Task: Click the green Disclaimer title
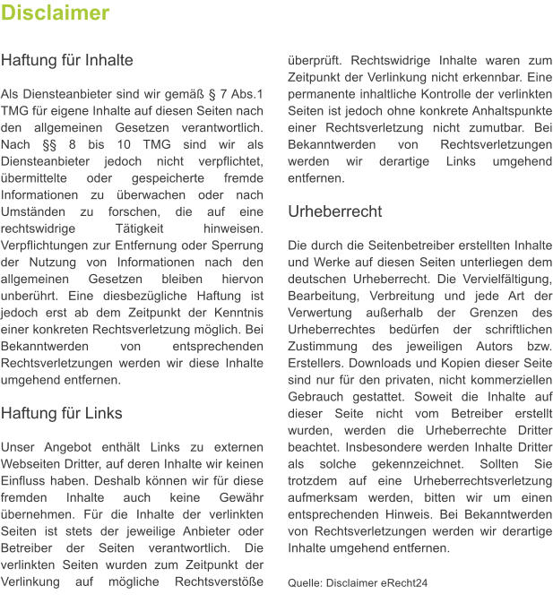[x=56, y=13]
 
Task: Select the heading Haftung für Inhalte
[x=67, y=61]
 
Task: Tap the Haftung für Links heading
[x=62, y=413]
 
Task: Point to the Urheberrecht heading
[x=334, y=211]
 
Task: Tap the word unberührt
[x=33, y=296]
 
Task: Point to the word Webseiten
[x=34, y=463]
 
